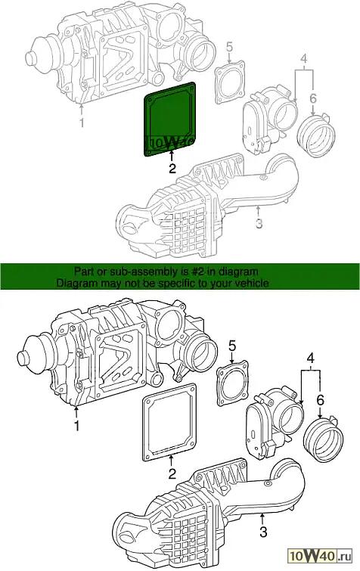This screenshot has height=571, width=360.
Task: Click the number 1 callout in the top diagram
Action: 82,123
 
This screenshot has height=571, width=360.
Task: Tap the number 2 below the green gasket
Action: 172,168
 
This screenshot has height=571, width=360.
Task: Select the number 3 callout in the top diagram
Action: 259,223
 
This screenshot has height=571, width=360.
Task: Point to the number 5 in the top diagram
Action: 229,48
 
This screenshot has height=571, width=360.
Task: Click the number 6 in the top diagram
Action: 313,98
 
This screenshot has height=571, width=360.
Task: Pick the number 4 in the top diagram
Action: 303,59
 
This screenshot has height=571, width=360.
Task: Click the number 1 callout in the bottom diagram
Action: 76,425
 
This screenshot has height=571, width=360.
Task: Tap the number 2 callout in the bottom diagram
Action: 172,473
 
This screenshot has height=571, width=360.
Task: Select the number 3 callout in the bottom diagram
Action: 263,532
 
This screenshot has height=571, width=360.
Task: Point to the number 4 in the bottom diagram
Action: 310,358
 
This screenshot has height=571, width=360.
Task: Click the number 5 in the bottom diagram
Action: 233,346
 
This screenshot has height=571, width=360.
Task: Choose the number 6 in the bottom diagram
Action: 321,400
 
